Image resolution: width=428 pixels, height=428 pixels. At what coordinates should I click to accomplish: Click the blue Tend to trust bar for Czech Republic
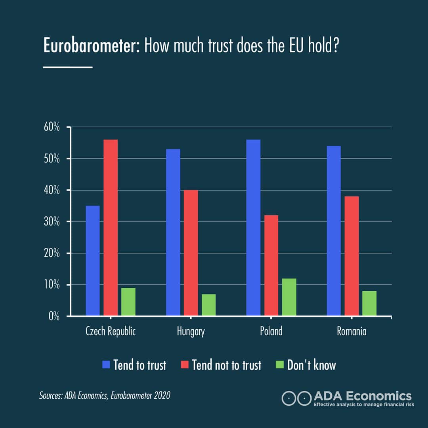coord(93,261)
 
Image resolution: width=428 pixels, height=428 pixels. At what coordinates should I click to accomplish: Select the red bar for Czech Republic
coord(111,228)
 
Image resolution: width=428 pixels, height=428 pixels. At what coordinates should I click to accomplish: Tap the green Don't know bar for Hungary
coord(208,305)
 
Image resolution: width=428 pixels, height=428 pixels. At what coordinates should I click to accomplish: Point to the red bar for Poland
coord(271,266)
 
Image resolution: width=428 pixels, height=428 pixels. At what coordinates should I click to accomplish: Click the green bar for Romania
coord(369,303)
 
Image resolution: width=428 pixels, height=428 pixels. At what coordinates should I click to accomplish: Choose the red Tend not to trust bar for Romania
coord(352,256)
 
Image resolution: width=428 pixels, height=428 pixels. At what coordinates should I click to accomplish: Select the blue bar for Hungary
coord(173,233)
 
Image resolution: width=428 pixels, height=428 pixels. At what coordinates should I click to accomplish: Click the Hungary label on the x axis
coord(191,332)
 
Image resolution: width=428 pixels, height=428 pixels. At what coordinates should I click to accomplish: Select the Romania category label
coord(352,332)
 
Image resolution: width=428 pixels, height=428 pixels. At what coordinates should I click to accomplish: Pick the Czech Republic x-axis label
coord(111,332)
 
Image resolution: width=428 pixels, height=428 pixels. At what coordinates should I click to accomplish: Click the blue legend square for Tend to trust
coord(106,365)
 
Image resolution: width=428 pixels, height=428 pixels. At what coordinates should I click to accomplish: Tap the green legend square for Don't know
coord(280,365)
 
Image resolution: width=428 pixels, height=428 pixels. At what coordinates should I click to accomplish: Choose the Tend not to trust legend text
coord(227,365)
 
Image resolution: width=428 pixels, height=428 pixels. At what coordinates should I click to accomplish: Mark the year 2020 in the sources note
coord(163,396)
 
